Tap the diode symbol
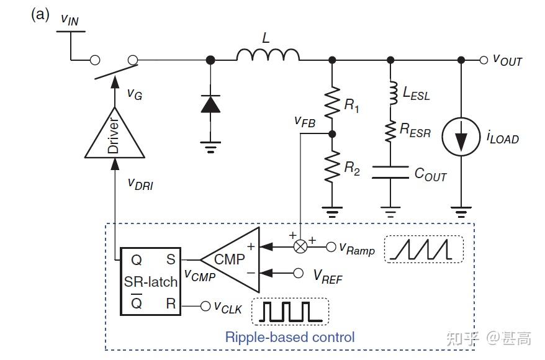point(210,104)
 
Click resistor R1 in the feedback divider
point(332,100)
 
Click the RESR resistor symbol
point(391,130)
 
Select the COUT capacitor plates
point(390,172)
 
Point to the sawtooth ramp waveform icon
point(423,249)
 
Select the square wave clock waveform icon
point(289,311)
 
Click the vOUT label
point(507,60)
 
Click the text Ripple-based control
point(290,337)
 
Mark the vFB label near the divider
point(305,122)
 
